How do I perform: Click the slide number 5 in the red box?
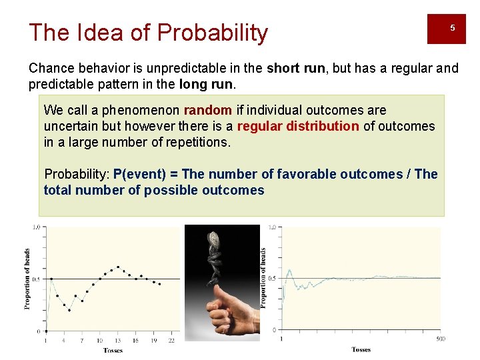click(x=452, y=28)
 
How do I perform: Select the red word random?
click(x=207, y=110)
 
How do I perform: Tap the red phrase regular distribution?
click(x=297, y=126)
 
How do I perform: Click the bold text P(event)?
click(x=139, y=174)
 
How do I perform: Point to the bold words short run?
click(x=293, y=68)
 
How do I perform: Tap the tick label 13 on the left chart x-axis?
click(x=118, y=341)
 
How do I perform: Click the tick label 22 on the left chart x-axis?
click(x=171, y=341)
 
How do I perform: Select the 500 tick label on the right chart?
click(x=440, y=339)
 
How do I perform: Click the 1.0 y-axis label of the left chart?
click(x=36, y=227)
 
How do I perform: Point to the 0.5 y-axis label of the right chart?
click(x=273, y=279)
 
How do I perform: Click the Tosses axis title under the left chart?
click(x=113, y=351)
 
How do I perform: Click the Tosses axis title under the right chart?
click(x=361, y=349)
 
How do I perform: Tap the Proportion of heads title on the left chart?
click(x=27, y=278)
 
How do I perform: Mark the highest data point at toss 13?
click(x=118, y=267)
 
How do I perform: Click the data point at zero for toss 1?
click(x=46, y=331)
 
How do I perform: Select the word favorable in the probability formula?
click(x=296, y=174)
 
